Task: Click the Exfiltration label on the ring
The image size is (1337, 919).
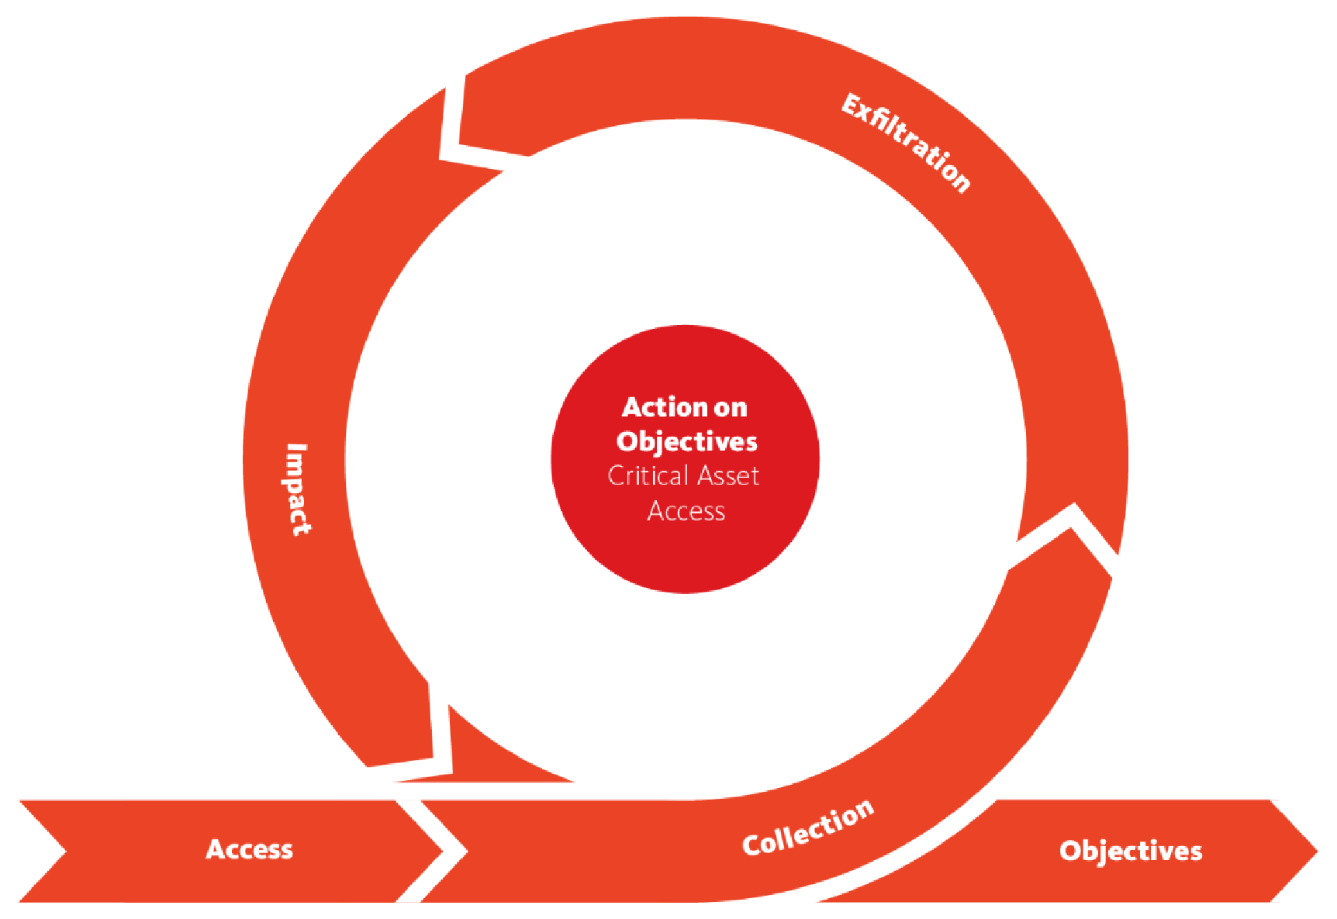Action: coord(906,142)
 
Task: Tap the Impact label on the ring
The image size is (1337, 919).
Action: coord(295,489)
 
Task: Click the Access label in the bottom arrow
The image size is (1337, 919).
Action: coord(250,849)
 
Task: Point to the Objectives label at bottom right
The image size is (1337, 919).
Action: coord(1131,851)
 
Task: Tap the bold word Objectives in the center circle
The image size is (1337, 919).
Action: coord(686,441)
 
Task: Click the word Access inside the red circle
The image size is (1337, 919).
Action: coord(686,511)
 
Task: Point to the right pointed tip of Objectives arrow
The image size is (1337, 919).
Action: coord(1316,851)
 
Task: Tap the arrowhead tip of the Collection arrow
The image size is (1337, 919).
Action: coord(1073,509)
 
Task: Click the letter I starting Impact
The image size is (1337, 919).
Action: coord(296,448)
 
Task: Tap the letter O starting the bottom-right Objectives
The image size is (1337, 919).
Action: coord(1070,851)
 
